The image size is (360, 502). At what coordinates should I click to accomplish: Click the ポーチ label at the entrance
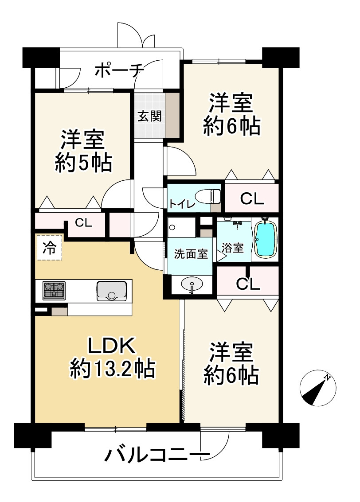119,70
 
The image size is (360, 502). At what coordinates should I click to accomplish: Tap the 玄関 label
149,116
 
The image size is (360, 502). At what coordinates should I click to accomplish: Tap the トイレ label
181,204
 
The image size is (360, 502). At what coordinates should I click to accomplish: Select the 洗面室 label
191,254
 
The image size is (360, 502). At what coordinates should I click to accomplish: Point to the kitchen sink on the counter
111,290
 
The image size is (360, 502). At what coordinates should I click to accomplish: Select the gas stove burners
54,290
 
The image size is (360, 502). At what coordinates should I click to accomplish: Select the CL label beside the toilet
252,199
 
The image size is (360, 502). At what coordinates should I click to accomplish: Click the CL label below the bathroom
247,283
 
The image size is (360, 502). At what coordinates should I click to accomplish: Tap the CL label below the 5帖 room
83,222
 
